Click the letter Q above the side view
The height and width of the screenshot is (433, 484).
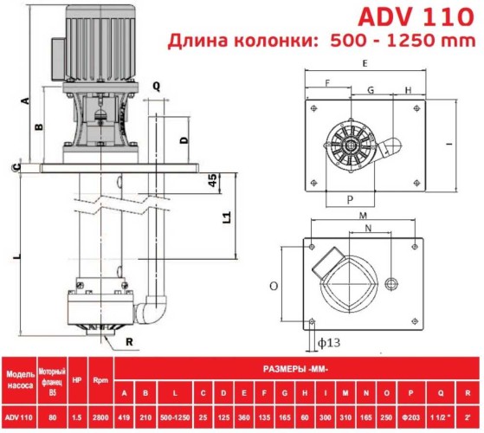pos(156,86)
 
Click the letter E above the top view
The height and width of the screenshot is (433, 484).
pos(365,64)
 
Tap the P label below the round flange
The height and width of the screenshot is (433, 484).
pos(348,197)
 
